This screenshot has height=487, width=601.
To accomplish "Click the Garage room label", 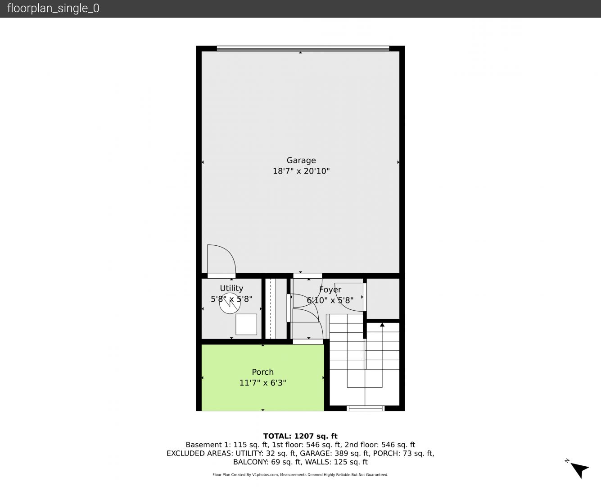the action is point(301,161).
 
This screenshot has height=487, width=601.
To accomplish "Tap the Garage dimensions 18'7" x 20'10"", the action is point(301,171).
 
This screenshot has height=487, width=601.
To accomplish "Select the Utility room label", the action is point(231,288).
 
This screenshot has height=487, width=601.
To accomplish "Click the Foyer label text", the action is point(330,289).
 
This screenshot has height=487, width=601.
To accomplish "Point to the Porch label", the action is point(263,372).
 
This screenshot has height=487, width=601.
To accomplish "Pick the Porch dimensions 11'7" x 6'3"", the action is point(263,383).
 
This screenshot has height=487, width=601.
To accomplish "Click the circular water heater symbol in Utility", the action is point(230,303).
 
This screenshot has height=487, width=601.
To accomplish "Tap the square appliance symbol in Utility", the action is point(246,324).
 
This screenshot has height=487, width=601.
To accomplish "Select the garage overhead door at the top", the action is point(303,49).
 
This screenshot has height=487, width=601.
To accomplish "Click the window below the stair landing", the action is point(366,408).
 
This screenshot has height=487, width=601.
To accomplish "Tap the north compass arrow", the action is point(579,470).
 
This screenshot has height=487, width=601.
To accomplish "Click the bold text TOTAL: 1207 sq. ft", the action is point(300,436).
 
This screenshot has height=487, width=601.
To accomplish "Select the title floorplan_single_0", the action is point(53,9).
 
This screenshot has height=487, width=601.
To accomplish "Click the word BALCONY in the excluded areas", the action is point(251,462).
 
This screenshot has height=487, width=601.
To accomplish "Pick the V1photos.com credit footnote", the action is point(300,475).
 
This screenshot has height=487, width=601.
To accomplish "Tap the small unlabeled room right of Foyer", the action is point(383,299).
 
